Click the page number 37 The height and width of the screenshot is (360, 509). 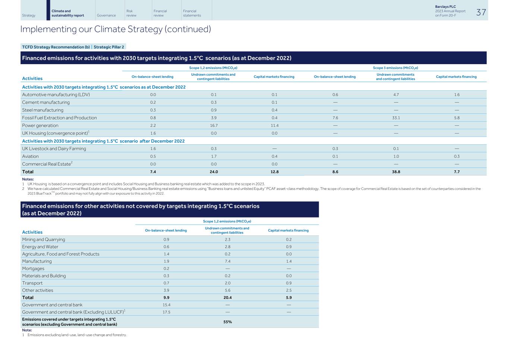(481, 12)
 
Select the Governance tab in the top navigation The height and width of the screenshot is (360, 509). (106, 15)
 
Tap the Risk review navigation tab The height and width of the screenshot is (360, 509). (131, 13)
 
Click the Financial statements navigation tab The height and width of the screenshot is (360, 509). (192, 13)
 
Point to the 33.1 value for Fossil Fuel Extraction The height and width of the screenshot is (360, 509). (396, 118)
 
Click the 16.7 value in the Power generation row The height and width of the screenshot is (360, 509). (213, 126)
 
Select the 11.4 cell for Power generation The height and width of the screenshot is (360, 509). (274, 126)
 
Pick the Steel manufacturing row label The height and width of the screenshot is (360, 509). (43, 110)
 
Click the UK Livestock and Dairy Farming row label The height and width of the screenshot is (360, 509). (54, 149)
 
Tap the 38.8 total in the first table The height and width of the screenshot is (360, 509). (396, 172)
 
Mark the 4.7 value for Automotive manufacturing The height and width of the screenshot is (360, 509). (396, 95)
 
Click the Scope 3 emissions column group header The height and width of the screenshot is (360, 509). (395, 68)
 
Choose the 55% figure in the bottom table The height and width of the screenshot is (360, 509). (227, 322)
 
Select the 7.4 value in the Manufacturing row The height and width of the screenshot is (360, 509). (227, 262)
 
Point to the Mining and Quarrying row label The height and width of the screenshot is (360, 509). (43, 240)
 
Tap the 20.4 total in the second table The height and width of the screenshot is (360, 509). (227, 298)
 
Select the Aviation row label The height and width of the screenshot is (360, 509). (30, 157)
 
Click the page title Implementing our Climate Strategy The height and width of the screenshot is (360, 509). (116, 29)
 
